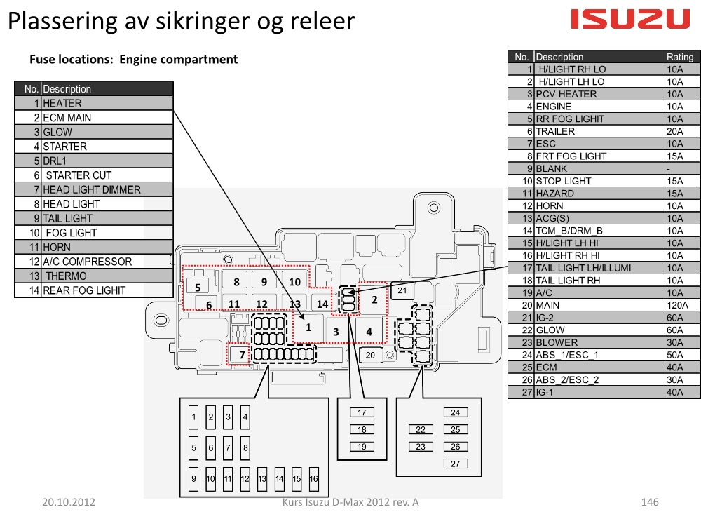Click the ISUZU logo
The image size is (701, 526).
[630, 19]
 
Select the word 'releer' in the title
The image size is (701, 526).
[322, 21]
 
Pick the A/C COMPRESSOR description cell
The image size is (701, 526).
[88, 262]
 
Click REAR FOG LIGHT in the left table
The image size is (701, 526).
[84, 290]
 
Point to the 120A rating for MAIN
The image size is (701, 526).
[677, 305]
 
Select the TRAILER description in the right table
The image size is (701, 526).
[555, 131]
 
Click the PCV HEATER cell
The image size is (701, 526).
[566, 94]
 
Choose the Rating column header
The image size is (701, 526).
[680, 57]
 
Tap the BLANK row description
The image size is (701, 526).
[551, 168]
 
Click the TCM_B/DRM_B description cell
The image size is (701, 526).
[569, 231]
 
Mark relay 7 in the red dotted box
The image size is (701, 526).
[239, 354]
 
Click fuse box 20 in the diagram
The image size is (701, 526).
[370, 355]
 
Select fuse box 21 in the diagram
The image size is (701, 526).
[402, 291]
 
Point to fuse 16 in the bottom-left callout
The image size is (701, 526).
[313, 478]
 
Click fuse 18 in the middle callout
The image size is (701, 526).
[362, 429]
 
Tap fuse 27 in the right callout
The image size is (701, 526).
[456, 464]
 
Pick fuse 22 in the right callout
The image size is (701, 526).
[421, 429]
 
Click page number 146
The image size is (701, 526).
[650, 502]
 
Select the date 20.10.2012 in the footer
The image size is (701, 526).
[69, 502]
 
